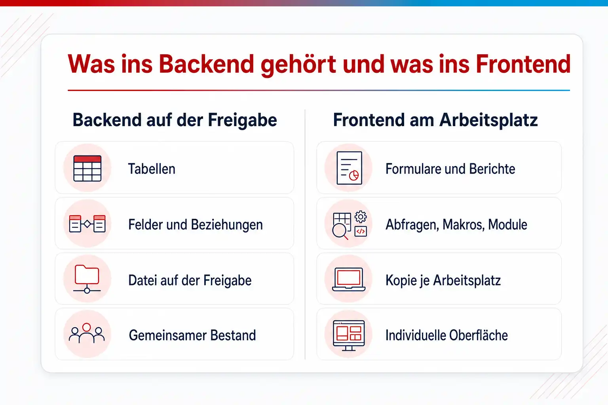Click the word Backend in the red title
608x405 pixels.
206,64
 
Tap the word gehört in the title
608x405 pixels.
298,65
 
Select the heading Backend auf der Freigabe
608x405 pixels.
175,120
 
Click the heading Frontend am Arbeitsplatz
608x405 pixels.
435,120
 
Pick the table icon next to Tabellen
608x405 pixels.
87,168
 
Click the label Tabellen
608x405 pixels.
152,169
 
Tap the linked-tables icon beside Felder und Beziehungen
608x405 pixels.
87,224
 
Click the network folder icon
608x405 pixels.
87,279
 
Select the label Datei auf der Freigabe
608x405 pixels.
190,280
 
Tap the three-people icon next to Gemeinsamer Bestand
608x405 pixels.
87,333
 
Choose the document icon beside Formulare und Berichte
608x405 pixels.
350,168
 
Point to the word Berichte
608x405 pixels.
492,169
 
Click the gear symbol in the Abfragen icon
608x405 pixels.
361,217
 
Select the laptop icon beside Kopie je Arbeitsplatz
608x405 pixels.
349,279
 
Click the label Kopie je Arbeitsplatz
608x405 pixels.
443,280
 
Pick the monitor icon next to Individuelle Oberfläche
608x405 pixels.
349,335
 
